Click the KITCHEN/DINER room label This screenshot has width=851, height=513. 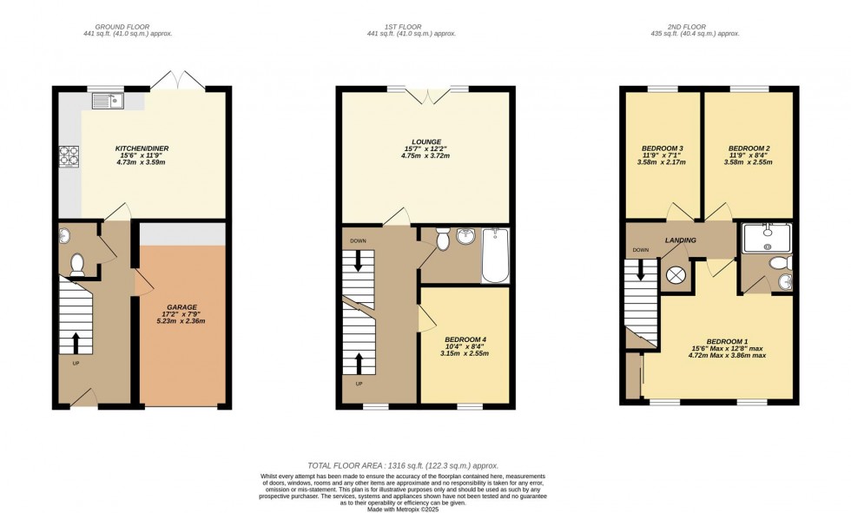click(140, 148)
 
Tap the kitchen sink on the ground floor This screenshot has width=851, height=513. click(108, 102)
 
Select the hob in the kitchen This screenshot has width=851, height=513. click(69, 156)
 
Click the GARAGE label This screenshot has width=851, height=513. click(182, 307)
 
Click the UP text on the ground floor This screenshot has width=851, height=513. click(76, 364)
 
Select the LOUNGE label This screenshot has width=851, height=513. click(426, 141)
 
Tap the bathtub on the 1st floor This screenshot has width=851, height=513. click(494, 255)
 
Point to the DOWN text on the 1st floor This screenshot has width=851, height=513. click(358, 240)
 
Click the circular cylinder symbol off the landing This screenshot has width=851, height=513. click(675, 277)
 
